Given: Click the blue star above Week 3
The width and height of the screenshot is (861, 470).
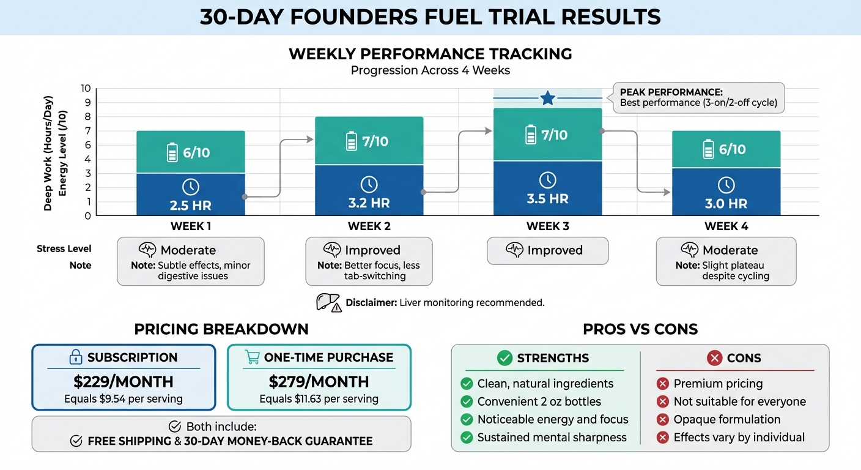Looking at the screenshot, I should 547,98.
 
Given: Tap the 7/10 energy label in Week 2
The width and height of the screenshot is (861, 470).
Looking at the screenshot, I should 375,141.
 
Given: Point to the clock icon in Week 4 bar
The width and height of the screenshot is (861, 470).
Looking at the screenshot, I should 726,185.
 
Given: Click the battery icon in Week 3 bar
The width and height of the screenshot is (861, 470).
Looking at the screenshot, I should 531,135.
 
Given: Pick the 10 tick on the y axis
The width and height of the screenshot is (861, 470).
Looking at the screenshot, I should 86,88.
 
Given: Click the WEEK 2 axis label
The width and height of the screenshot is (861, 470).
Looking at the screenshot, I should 369,226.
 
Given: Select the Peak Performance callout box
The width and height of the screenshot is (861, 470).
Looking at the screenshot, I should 698,98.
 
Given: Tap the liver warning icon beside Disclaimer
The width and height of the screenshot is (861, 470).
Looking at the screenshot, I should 328,302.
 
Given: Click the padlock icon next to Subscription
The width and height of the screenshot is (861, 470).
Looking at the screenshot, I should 76,357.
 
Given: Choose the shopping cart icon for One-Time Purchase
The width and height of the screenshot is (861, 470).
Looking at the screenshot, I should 252,357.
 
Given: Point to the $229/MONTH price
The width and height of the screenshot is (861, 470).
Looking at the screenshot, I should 124,382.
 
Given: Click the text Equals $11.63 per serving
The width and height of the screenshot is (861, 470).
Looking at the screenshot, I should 319,399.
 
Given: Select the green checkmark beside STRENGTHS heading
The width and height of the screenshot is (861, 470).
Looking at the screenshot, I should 504,358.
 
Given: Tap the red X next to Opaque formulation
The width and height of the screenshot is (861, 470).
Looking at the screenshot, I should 662,419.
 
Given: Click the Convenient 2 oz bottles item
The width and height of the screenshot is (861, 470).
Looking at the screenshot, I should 539,401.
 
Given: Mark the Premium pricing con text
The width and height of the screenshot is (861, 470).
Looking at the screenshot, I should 718,384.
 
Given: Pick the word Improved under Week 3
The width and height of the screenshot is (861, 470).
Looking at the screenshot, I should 555,250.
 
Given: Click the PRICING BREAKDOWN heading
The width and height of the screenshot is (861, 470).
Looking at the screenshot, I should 221,329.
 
